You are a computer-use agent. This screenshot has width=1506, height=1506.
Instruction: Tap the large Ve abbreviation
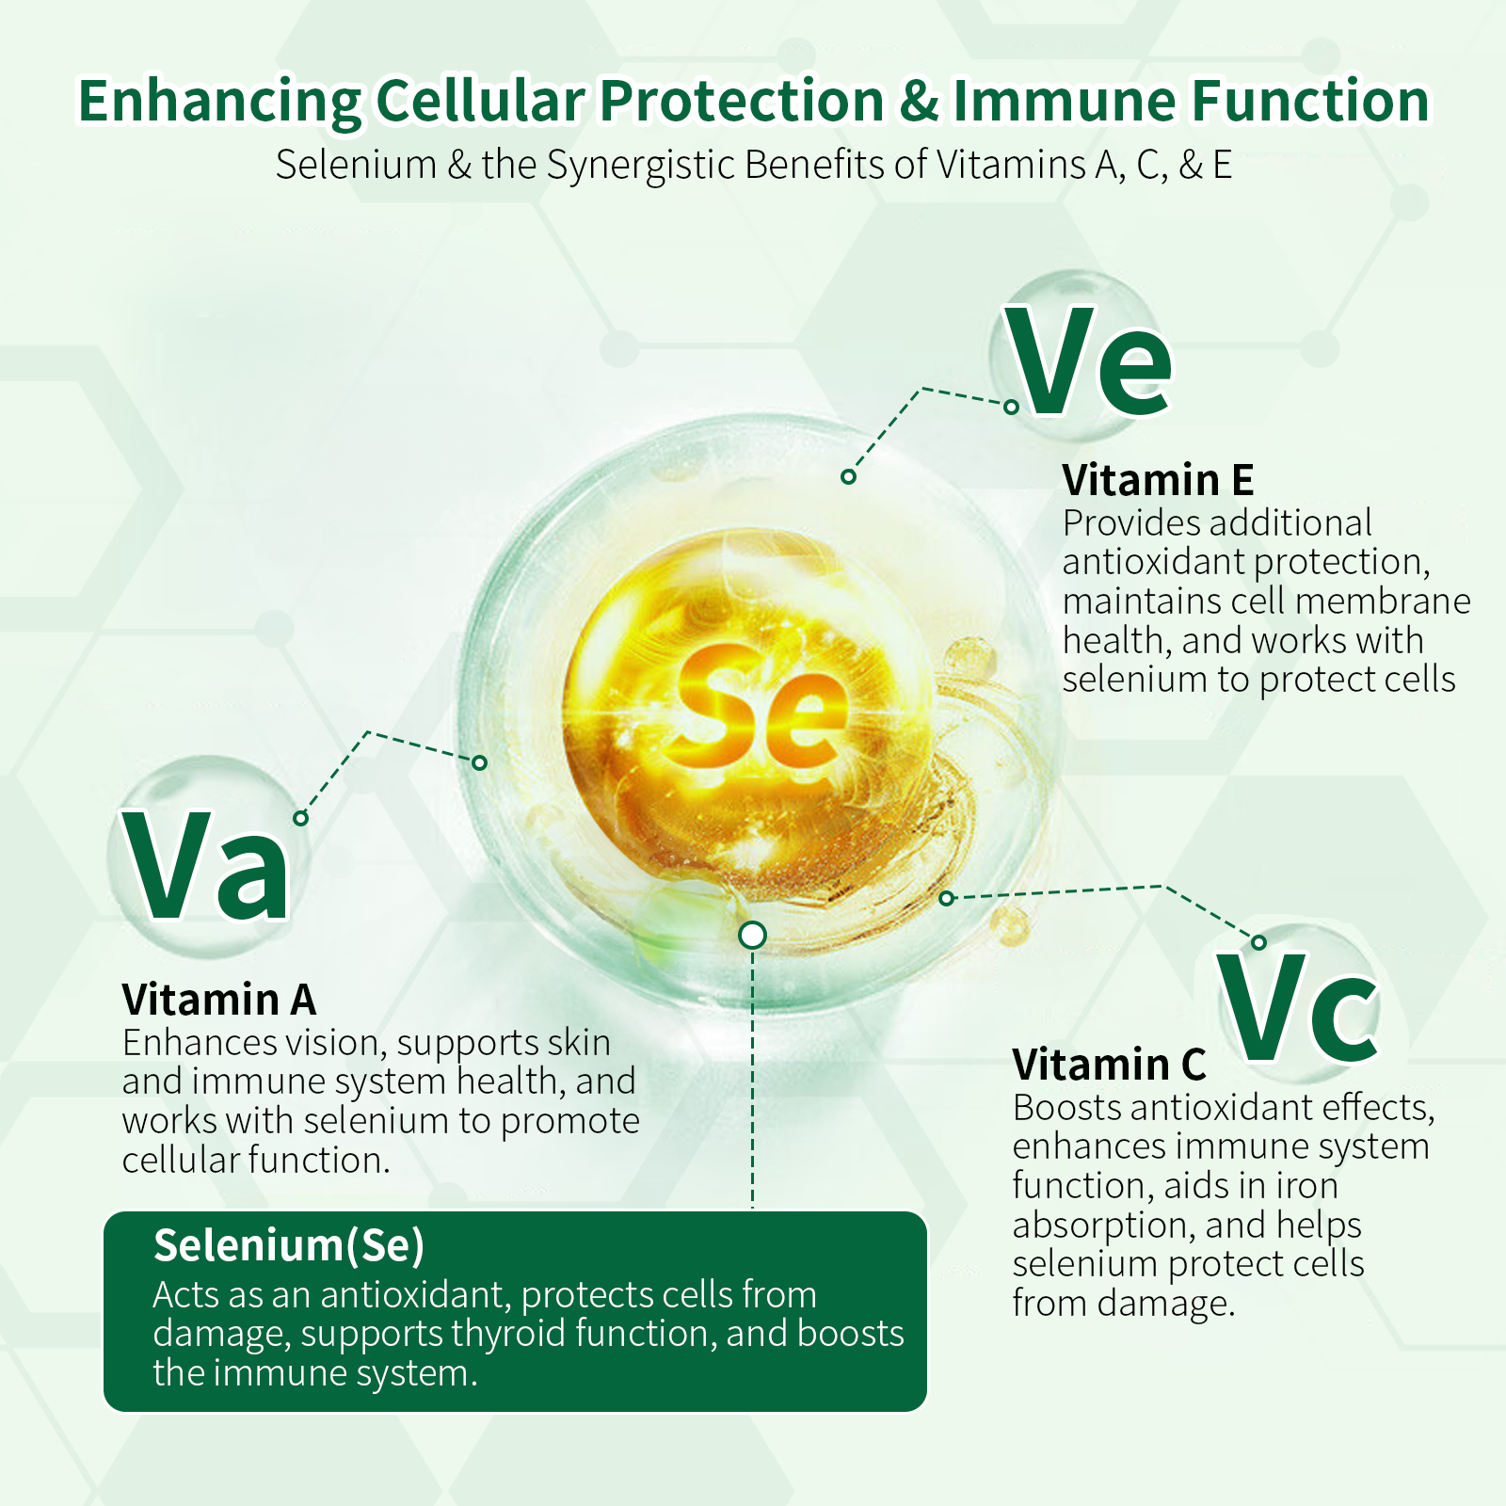coord(1089,362)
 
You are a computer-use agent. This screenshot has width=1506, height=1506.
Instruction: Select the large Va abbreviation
coord(206,865)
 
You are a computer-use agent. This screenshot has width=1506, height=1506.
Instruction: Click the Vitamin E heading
coord(1158,480)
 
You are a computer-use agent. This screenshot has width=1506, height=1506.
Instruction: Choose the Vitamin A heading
coord(218,1000)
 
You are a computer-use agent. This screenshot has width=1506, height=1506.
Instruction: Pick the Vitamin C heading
coord(1109,1065)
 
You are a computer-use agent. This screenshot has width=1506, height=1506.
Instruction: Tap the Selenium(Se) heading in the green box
coord(289,1246)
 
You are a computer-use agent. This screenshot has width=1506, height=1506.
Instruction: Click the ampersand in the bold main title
coord(920,101)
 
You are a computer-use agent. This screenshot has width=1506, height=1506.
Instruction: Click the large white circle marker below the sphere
coord(752,935)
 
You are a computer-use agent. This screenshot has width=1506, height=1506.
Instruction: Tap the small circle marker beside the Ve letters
coord(1011,408)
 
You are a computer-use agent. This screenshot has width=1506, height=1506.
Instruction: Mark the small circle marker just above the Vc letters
coord(1259,942)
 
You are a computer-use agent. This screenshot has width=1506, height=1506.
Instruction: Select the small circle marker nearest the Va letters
coord(300,818)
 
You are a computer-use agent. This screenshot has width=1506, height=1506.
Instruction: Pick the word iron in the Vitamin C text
coord(1307,1186)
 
